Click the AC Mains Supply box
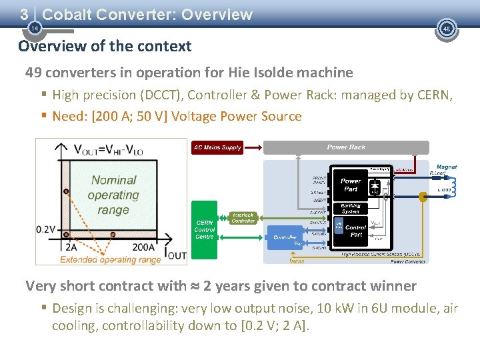[x=217, y=147]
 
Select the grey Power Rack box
[x=346, y=147]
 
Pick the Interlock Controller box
[x=243, y=218]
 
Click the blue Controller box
[x=285, y=238]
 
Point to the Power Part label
[x=351, y=185]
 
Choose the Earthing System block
[x=351, y=208]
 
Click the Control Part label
[x=355, y=231]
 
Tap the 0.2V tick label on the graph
[x=45, y=229]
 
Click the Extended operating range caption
[x=110, y=259]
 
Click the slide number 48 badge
[x=447, y=29]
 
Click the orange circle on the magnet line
[x=422, y=197]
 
